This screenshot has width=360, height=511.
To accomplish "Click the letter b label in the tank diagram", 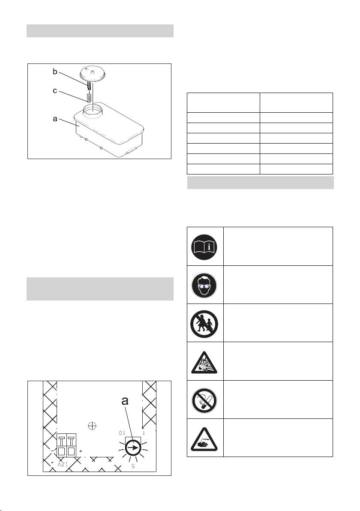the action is [55, 72].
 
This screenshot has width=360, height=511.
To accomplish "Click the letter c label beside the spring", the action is [55, 91].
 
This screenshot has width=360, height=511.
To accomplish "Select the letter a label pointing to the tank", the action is [55, 119].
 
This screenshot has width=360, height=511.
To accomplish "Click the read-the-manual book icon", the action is [204, 246].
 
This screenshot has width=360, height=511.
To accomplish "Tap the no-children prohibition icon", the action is [204, 324].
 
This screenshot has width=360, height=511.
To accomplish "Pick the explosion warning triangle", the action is [204, 363].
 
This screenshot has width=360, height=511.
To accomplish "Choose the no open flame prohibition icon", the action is [204, 400].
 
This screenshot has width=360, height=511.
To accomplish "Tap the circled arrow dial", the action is [133, 448].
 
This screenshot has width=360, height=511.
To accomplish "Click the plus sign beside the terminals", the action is [81, 451].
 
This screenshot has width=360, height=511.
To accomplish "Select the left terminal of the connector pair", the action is [62, 445].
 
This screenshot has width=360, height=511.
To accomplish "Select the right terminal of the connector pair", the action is [71, 445].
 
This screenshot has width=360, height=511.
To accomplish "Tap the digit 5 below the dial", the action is [133, 466].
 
